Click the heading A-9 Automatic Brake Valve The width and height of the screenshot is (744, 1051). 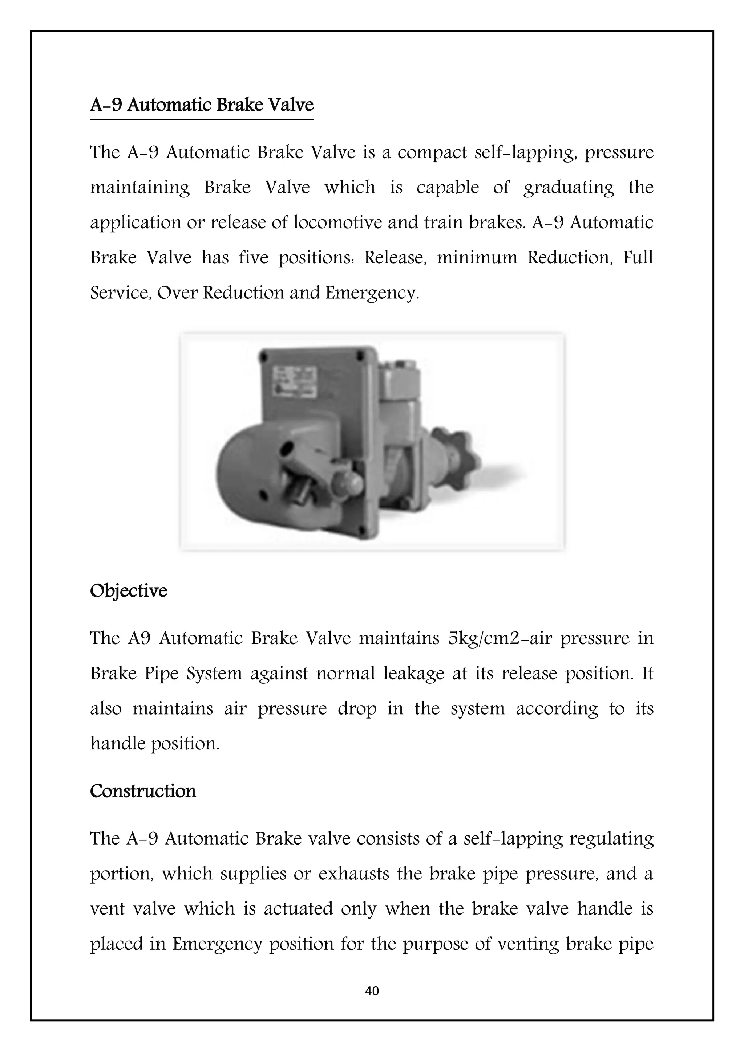click(x=202, y=105)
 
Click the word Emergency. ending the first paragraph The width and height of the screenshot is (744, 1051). click(x=372, y=293)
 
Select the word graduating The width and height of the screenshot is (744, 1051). click(x=569, y=188)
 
